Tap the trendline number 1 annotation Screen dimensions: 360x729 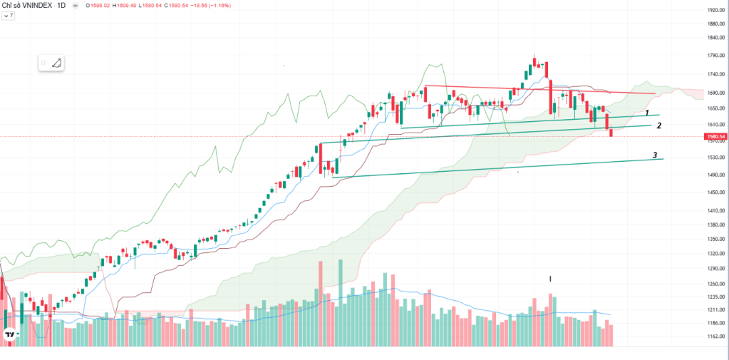(x=646, y=113)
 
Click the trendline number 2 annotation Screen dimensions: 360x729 (x=659, y=125)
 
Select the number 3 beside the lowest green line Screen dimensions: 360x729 (x=654, y=155)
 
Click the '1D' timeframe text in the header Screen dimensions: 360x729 (x=61, y=6)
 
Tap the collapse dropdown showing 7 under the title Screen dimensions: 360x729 (x=9, y=15)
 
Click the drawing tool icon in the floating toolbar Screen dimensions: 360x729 (x=57, y=63)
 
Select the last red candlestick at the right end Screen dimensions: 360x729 (x=611, y=130)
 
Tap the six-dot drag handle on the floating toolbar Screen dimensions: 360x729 (x=44, y=63)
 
